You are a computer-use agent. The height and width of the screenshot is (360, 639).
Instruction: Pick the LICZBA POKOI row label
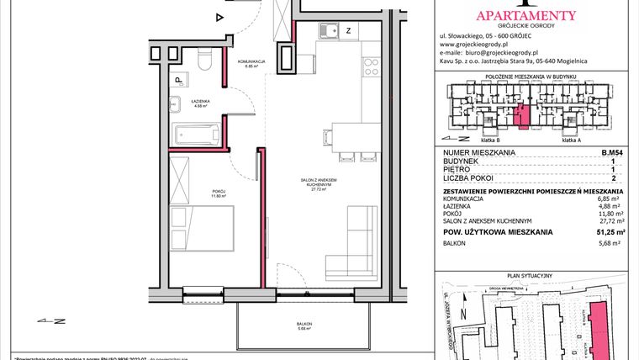tap(469, 177)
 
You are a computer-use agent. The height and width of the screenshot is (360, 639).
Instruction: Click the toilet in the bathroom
tap(203, 64)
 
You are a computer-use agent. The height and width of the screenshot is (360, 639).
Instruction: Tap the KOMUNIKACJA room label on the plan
tap(251, 61)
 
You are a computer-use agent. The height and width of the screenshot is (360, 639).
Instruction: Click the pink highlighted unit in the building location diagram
tap(522, 116)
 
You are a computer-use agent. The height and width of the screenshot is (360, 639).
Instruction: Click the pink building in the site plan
tap(599, 325)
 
